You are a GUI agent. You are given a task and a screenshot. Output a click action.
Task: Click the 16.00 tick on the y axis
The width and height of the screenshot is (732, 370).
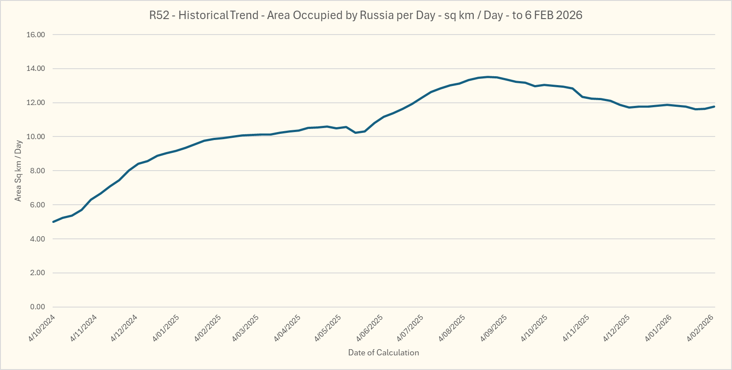coord(36,35)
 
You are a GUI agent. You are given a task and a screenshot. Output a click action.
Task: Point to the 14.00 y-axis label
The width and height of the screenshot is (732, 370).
coord(36,69)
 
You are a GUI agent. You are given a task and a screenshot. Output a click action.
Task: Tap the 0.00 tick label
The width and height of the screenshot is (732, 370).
coord(38,307)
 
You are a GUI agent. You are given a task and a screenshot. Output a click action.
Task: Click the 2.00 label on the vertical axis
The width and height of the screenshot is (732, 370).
coord(38,273)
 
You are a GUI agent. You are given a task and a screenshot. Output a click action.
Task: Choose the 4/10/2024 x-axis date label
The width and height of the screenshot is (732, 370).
coord(42,328)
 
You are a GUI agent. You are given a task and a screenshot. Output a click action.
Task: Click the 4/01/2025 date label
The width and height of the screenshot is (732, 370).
coord(166,328)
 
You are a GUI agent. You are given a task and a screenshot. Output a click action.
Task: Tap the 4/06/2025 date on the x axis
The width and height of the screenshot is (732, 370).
coord(370,328)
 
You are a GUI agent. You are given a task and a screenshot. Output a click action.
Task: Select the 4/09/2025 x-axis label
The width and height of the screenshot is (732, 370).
coord(494,328)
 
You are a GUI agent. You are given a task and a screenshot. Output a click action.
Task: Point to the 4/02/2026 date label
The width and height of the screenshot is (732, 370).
coord(700,328)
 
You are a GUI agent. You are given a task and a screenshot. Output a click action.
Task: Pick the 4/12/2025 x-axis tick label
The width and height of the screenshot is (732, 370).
coord(617,328)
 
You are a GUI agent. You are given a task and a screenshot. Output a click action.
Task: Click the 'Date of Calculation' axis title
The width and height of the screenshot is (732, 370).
coord(383,353)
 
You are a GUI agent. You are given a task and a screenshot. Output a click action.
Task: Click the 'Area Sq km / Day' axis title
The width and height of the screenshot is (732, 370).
coord(18,171)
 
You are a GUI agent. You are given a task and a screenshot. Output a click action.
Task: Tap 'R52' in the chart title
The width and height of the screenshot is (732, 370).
coord(159,15)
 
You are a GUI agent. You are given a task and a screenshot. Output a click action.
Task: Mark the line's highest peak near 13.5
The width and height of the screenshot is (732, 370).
coord(488,77)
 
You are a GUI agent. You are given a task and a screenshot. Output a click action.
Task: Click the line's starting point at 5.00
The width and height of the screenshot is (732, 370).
coord(54,222)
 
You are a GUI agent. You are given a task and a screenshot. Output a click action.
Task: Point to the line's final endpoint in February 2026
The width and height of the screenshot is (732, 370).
coord(714,106)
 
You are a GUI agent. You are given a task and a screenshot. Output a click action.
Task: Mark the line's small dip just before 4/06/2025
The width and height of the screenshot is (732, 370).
coord(356,132)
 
